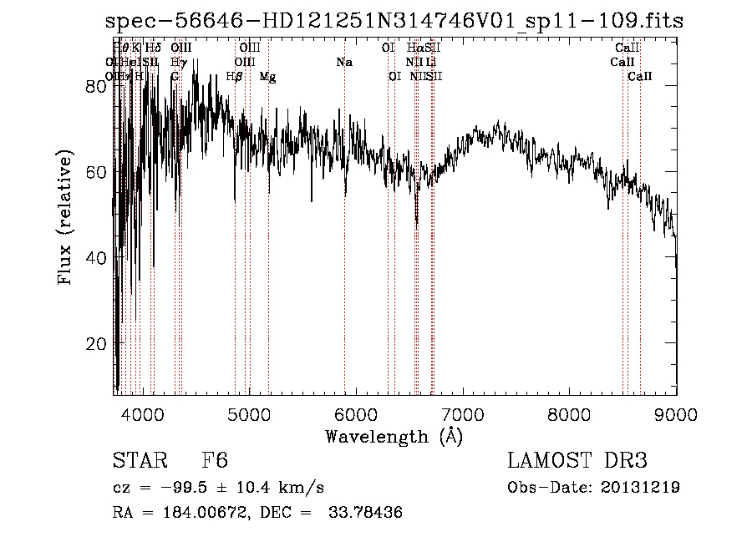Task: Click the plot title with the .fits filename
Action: [394, 22]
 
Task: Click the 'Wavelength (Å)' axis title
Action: [394, 436]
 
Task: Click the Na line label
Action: [344, 63]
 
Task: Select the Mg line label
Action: [268, 77]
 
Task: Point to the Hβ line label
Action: [235, 77]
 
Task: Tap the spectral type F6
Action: [215, 461]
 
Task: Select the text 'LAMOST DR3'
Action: [577, 461]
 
